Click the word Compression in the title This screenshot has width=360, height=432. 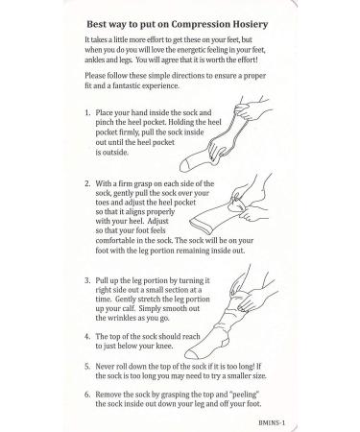point(201,25)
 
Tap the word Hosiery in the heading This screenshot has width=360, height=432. point(250,25)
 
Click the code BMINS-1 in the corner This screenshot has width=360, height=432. point(272,422)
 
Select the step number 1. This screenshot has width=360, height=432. point(87,112)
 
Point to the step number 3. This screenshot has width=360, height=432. point(87,280)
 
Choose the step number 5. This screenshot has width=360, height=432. point(87,367)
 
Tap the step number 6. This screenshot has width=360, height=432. point(87,395)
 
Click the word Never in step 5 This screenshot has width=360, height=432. point(105,367)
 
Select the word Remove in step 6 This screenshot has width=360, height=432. point(108,395)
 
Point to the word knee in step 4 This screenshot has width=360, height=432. point(163,346)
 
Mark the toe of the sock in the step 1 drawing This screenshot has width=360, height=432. point(184,166)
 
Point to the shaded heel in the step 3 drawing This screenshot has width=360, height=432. point(225,342)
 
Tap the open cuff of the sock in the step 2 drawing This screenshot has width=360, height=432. point(200,226)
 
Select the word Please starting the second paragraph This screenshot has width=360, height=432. point(95,76)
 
